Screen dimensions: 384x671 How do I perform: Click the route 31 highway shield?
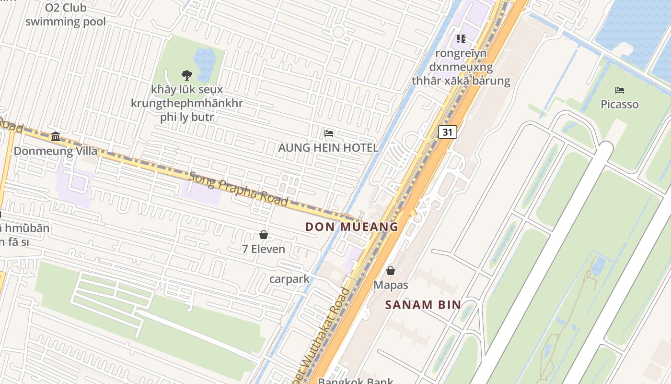click(x=447, y=132)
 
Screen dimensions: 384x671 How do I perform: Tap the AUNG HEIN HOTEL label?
click(x=328, y=147)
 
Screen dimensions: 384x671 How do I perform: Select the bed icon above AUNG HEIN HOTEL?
click(x=329, y=133)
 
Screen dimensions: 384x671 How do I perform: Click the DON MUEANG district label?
click(x=352, y=227)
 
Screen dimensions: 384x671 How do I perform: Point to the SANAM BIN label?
click(x=423, y=304)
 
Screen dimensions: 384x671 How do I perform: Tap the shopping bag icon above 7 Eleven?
click(x=263, y=235)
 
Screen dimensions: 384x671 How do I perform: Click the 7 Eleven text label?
click(x=263, y=249)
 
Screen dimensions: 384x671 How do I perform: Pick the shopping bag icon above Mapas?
click(x=391, y=271)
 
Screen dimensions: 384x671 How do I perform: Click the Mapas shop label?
click(x=391, y=285)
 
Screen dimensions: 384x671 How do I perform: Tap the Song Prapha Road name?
click(x=238, y=188)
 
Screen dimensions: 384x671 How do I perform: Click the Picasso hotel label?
click(x=619, y=104)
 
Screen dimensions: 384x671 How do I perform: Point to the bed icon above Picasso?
click(x=619, y=90)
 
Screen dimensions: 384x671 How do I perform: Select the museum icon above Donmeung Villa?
click(x=56, y=137)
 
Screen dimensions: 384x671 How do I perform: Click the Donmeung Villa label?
click(x=55, y=151)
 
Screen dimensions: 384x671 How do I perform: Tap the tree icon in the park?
click(x=187, y=75)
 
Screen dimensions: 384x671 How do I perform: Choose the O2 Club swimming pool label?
click(x=66, y=14)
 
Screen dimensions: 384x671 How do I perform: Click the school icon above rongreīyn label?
click(x=461, y=38)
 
